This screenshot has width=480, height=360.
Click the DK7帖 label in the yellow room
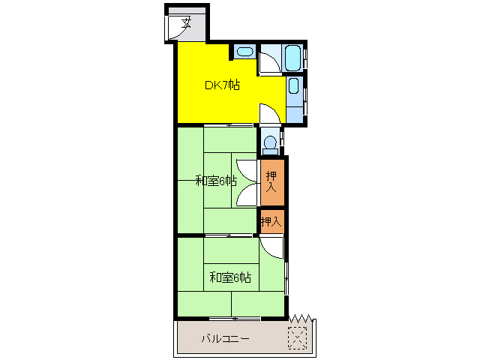(x=222, y=85)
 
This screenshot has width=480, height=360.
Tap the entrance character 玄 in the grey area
(x=186, y=22)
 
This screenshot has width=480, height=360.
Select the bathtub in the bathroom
(x=293, y=58)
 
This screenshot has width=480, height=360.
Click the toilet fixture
(x=270, y=145)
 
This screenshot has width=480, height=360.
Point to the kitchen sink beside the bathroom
(x=245, y=52)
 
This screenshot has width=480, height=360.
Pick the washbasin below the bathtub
(x=293, y=85)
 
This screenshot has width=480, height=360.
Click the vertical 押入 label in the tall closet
(x=271, y=181)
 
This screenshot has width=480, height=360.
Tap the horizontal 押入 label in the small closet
(x=271, y=221)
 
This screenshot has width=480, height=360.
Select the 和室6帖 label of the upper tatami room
(x=216, y=181)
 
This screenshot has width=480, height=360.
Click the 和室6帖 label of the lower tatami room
(x=230, y=277)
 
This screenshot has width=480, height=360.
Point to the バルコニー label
(x=226, y=338)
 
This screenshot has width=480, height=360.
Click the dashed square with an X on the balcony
(x=298, y=338)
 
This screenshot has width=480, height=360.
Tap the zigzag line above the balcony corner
(x=301, y=318)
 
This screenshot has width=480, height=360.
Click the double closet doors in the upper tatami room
(x=247, y=183)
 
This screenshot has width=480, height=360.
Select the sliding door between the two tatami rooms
(x=229, y=235)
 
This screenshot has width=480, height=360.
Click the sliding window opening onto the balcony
(x=235, y=318)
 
